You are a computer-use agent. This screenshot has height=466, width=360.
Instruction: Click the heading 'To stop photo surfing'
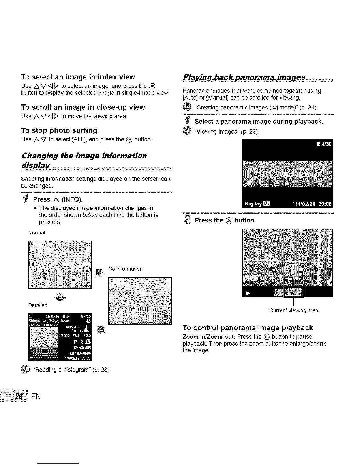point(59,130)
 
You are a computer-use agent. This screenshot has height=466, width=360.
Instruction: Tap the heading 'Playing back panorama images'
point(244,77)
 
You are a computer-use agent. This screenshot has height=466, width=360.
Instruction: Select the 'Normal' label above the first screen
point(36,233)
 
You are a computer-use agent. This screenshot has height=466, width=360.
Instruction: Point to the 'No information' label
point(125,269)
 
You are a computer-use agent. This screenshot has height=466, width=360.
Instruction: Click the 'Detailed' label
point(38,305)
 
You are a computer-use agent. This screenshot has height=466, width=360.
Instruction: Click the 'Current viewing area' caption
point(294,310)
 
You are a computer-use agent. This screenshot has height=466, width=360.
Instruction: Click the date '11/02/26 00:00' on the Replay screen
point(313,203)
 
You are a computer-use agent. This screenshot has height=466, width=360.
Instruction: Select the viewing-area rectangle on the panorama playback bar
point(293,292)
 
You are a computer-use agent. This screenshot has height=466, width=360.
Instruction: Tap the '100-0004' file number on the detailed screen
point(81,353)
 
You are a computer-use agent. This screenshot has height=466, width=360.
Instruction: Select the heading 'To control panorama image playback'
point(248,328)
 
